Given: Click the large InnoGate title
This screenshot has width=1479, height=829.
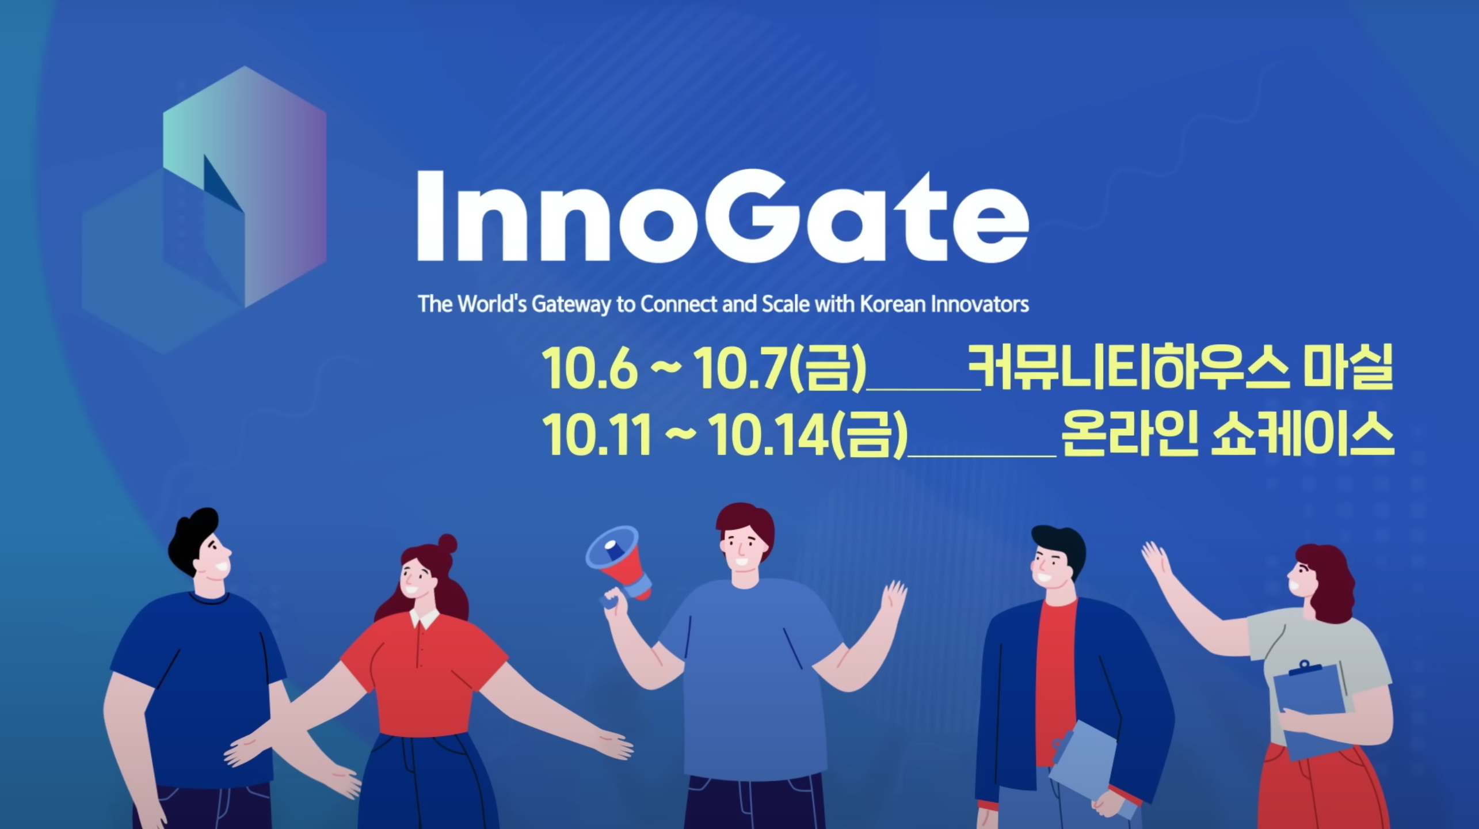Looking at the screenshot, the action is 723,217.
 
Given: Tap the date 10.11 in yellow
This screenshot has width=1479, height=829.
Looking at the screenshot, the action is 597,435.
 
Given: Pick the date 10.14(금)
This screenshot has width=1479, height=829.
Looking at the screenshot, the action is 808,435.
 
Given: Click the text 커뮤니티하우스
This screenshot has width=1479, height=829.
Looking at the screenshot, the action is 1129,367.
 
